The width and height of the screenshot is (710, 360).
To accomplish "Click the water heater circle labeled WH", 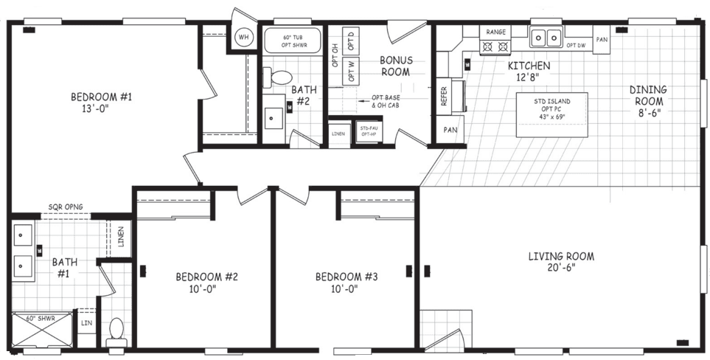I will (x=243, y=37).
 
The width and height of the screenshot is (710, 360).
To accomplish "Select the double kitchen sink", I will (x=547, y=37).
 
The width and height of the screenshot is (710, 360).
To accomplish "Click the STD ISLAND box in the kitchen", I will (x=551, y=114).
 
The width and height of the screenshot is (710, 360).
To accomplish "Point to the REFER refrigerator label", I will (x=445, y=97).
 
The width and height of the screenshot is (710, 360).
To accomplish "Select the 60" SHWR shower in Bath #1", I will (x=43, y=330).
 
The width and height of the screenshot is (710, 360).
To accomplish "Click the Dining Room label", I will (x=647, y=101).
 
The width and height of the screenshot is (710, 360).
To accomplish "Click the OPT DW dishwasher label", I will (x=577, y=46).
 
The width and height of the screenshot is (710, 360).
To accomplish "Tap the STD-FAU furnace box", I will (x=368, y=131).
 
